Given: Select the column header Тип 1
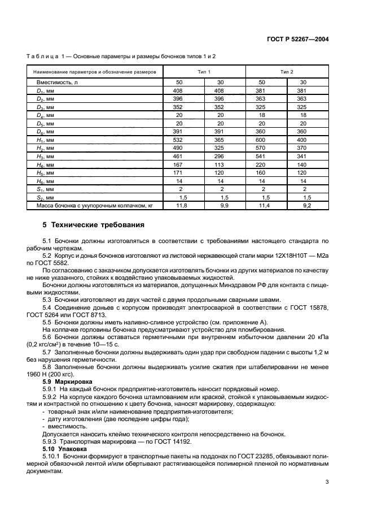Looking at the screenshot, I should point(204,72).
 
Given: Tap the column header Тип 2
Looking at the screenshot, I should point(287,72).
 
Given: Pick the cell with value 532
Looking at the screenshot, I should point(178,140).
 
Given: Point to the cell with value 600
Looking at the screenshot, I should point(261,140).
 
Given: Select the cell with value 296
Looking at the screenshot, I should point(221,156).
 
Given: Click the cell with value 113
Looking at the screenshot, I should point(221,164).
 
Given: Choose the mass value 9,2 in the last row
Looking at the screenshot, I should point(307,206).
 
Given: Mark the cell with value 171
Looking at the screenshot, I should point(178,172).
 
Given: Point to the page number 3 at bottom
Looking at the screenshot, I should point(327,482).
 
